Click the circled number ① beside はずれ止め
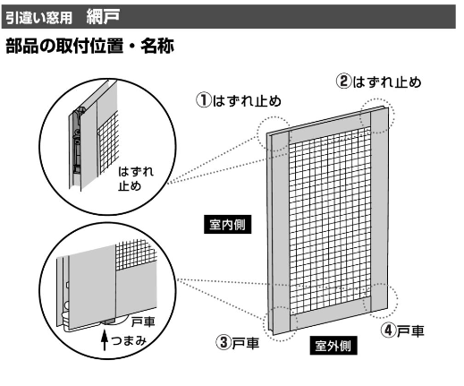tap(204, 100)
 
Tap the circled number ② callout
tap(344, 81)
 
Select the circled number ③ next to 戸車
tap(224, 342)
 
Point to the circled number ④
tap(389, 330)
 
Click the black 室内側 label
tap(227, 224)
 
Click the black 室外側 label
tap(333, 346)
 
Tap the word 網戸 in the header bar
tap(103, 16)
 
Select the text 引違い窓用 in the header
tap(38, 18)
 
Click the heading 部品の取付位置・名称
tap(89, 46)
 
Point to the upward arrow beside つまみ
tap(104, 339)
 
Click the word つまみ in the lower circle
tap(129, 340)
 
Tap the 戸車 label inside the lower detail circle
tap(143, 322)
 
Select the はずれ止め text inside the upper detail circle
tap(136, 178)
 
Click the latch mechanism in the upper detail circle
tap(77, 141)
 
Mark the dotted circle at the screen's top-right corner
tap(377, 116)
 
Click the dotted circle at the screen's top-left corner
tap(274, 133)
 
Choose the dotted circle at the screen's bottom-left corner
tap(280, 324)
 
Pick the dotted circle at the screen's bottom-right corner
tap(381, 300)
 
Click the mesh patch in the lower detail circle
tap(136, 254)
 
